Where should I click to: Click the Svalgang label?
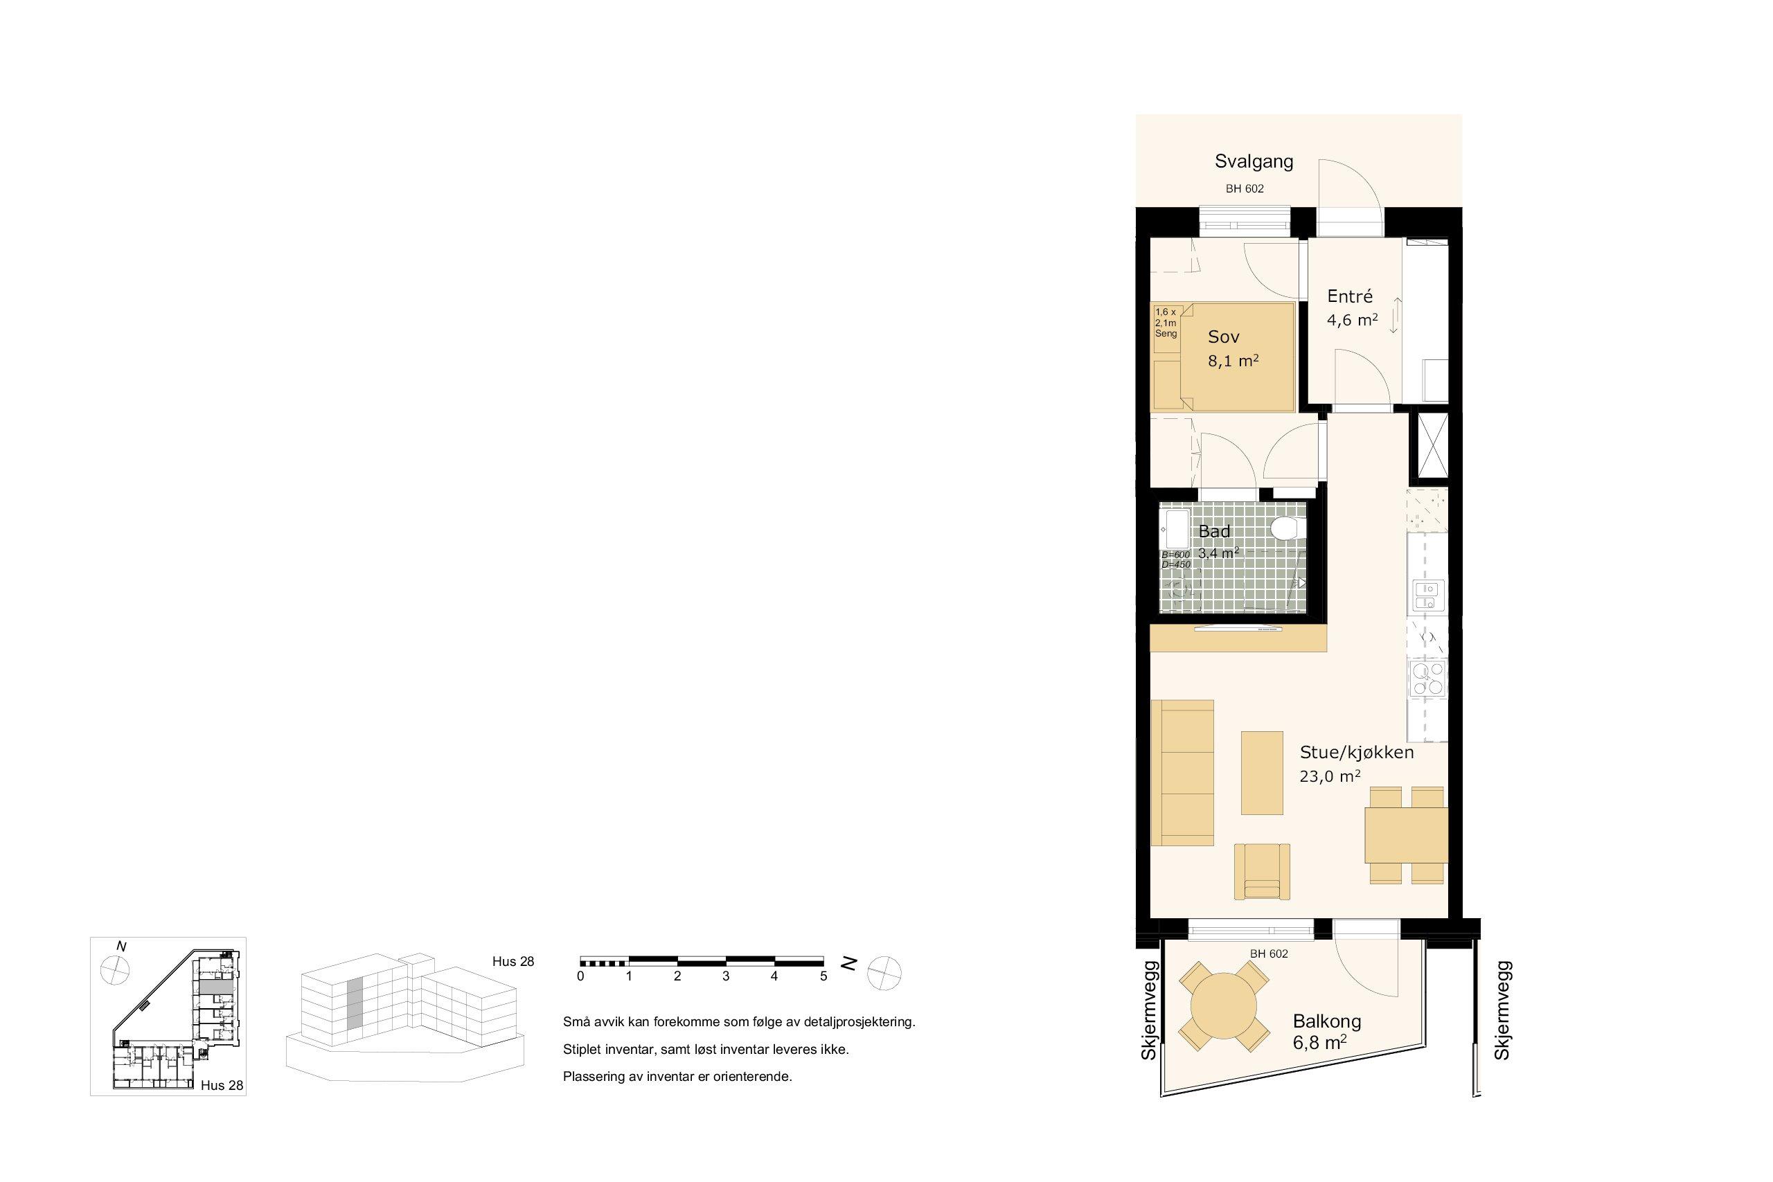click(x=1254, y=161)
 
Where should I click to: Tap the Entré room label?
click(x=1349, y=296)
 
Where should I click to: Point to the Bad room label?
click(x=1214, y=530)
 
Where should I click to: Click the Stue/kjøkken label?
click(x=1357, y=751)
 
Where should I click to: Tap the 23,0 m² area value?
click(x=1330, y=776)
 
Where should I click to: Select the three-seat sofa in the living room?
click(x=1182, y=773)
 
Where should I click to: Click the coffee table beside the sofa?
click(x=1261, y=773)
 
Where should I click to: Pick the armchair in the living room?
click(x=1261, y=871)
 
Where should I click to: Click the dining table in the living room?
click(x=1406, y=835)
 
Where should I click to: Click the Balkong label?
click(x=1327, y=1021)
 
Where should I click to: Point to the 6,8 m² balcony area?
click(x=1319, y=1044)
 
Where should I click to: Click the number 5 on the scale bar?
click(x=823, y=976)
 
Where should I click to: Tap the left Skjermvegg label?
click(x=1148, y=1010)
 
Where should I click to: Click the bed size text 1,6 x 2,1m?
click(x=1166, y=317)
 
